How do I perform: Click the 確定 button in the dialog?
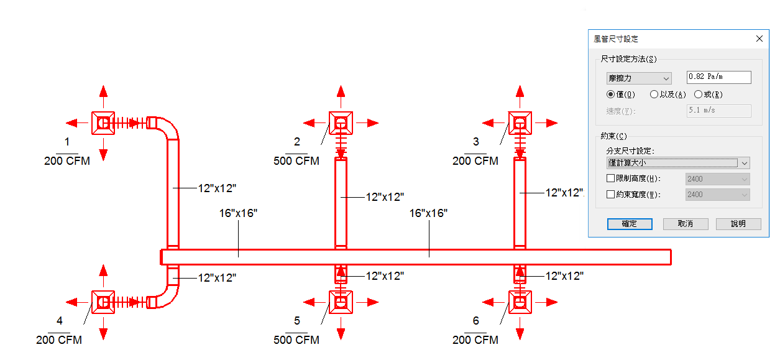tap(630, 224)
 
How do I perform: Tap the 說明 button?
tap(738, 224)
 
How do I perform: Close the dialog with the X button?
tap(759, 39)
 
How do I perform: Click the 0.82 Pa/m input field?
tap(718, 77)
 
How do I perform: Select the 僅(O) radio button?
tap(610, 95)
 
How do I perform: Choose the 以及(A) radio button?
tap(654, 95)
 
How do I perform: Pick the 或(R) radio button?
tap(698, 95)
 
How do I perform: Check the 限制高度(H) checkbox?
tap(610, 178)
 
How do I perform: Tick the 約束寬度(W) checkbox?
tap(610, 194)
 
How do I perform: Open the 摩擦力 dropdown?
tap(639, 78)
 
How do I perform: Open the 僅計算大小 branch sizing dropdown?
tap(678, 163)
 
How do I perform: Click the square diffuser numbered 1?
tap(103, 123)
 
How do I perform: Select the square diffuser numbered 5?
tap(341, 302)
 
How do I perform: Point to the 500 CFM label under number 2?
tap(296, 161)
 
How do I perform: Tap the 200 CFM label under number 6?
tap(475, 339)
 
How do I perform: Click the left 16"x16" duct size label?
tap(238, 213)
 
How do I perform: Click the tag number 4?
tap(60, 321)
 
